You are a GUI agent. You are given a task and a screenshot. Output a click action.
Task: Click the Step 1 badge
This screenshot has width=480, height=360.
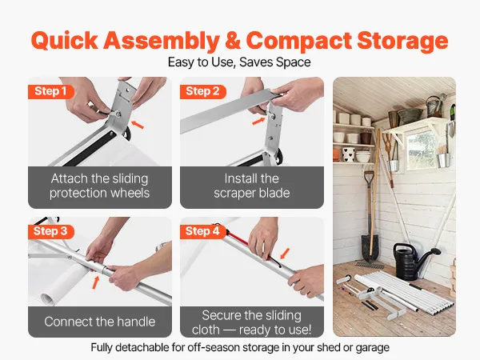pyautogui.click(x=50, y=91)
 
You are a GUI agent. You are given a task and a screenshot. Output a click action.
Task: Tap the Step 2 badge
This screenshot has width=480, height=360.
pyautogui.click(x=202, y=91)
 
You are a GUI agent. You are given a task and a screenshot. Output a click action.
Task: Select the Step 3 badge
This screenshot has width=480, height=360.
pyautogui.click(x=50, y=231)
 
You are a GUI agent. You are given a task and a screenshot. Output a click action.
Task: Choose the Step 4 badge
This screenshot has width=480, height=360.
pyautogui.click(x=202, y=231)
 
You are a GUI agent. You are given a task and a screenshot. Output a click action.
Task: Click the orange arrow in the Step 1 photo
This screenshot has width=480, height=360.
pyautogui.click(x=138, y=124)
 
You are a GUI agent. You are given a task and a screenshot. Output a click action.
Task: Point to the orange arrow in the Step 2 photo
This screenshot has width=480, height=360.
pyautogui.click(x=258, y=122)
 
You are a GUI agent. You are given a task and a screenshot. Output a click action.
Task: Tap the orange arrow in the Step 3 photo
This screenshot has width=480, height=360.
pyautogui.click(x=96, y=282)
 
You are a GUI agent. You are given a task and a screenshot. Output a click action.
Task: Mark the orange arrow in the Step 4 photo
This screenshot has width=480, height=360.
pyautogui.click(x=285, y=254)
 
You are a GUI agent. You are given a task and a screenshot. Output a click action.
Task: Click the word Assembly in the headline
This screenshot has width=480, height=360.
pyautogui.click(x=162, y=42)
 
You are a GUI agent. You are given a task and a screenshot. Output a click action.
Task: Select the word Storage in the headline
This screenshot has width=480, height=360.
pyautogui.click(x=402, y=42)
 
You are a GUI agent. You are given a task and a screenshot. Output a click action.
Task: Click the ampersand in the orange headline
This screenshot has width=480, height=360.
pyautogui.click(x=233, y=41)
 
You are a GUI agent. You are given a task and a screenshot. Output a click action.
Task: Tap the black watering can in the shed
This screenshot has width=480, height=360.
pyautogui.click(x=414, y=260)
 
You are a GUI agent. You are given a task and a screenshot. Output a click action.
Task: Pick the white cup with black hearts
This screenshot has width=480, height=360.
pyautogui.click(x=348, y=154)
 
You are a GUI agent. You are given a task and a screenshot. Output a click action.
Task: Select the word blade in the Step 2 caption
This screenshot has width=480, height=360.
pyautogui.click(x=274, y=193)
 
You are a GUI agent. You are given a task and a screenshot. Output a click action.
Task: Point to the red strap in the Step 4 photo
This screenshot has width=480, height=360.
pyautogui.click(x=246, y=243)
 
